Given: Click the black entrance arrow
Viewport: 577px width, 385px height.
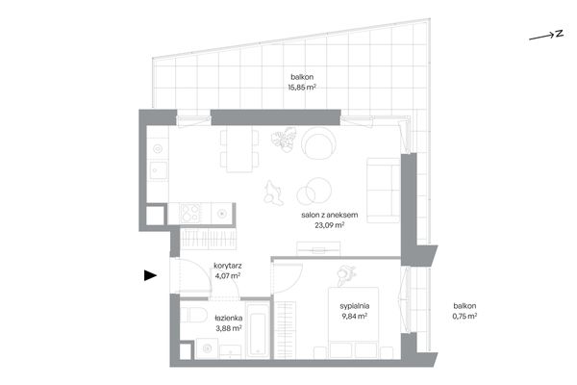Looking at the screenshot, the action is (x=150, y=275).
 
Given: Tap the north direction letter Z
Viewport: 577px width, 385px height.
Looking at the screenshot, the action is (x=560, y=34).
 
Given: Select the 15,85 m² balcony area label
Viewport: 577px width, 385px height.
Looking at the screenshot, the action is (x=302, y=88).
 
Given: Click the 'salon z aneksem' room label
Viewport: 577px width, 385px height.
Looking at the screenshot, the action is (x=329, y=215).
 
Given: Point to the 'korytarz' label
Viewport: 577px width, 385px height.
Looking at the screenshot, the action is (x=228, y=266).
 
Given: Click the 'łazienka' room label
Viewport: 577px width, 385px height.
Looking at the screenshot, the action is (x=229, y=318).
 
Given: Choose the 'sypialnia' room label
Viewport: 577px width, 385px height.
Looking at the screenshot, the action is (x=354, y=306).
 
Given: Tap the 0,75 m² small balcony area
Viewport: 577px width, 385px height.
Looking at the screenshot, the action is (x=464, y=316).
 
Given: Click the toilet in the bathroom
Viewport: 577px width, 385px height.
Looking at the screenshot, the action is (x=193, y=315).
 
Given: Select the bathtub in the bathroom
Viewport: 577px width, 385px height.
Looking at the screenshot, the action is (x=258, y=330).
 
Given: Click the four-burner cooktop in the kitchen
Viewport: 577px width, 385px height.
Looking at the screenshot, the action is (x=190, y=214).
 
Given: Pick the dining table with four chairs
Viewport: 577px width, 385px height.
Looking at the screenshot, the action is (x=239, y=149).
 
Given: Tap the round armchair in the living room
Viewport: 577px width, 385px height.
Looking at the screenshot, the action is (x=318, y=143).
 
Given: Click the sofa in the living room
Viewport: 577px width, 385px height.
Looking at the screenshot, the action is (x=383, y=191).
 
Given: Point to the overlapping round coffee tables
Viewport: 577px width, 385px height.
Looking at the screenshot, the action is (x=314, y=191).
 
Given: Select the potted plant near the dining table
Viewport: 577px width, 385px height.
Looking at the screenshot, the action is (x=284, y=140).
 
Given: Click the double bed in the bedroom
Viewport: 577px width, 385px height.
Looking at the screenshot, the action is (x=354, y=322).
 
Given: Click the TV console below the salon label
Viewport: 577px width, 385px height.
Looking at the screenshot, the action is (x=318, y=248).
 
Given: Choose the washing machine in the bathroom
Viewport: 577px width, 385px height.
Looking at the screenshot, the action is (x=207, y=348).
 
